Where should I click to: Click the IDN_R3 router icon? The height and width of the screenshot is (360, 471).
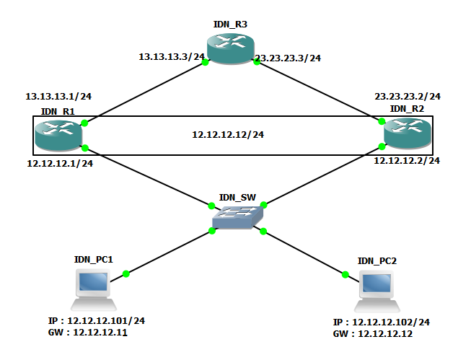pos(230,48)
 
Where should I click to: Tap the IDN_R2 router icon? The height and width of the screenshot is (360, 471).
pos(408,133)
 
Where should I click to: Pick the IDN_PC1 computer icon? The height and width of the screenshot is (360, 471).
pos(93,285)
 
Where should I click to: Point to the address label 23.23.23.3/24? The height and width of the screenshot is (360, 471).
pos(288,58)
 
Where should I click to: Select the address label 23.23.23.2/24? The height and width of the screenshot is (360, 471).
pos(408,96)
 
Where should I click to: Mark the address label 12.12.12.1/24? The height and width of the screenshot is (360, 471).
pos(60,164)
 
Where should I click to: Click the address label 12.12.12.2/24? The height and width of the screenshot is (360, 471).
pos(406,161)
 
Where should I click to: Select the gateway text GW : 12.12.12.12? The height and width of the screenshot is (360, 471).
pos(372,335)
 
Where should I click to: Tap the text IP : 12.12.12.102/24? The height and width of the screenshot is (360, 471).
pos(382,322)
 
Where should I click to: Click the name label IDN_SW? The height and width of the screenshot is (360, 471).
pos(237,196)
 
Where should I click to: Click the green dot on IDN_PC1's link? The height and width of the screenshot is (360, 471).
pos(126,273)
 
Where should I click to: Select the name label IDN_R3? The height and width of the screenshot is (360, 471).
pos(230,25)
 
